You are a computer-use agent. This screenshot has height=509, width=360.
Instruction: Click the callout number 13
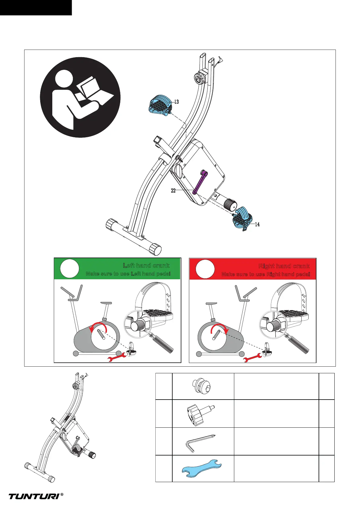tap(177, 102)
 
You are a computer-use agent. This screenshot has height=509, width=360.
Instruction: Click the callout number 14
tap(257, 224)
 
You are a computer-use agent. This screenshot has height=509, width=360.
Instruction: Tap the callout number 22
tap(173, 191)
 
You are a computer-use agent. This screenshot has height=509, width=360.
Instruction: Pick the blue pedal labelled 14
tap(243, 218)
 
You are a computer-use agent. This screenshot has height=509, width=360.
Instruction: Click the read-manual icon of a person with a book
tap(80, 97)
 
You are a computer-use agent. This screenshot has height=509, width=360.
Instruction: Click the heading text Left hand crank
tap(146, 266)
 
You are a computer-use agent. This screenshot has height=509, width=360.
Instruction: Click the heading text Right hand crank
tap(284, 266)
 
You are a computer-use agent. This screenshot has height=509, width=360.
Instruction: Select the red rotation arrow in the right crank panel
tap(219, 327)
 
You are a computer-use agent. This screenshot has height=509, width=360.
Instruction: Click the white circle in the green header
tap(70, 268)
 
